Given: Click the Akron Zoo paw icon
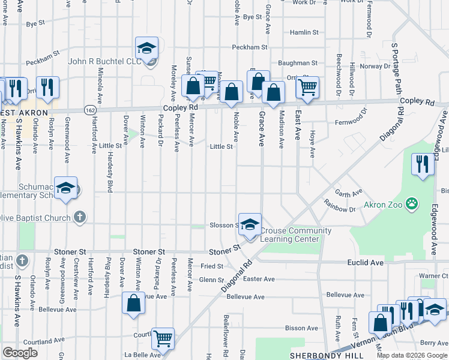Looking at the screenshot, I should [x=412, y=205].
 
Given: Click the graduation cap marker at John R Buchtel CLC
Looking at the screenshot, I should [x=146, y=49].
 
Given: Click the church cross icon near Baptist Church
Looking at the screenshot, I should [x=79, y=218].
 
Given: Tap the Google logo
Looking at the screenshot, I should [x=19, y=353].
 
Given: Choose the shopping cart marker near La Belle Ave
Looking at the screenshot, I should [x=163, y=338].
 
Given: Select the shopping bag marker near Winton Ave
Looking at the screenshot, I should [x=133, y=303].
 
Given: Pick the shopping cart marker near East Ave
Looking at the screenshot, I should [x=308, y=88].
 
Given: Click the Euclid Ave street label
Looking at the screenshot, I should [x=365, y=263].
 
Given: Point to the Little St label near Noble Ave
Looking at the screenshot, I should [x=221, y=146].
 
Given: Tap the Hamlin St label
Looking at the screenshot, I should [x=304, y=32].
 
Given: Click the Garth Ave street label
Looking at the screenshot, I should [x=349, y=193].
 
